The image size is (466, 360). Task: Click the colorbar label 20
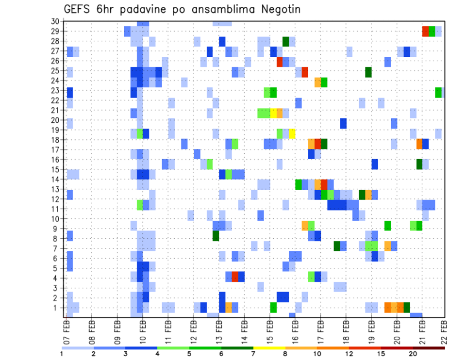pos(413,354)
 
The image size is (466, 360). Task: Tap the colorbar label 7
pos(253,354)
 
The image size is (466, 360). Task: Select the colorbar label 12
pos(349,354)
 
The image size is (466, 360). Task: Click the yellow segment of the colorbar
pos(269,347)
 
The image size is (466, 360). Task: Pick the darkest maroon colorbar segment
pos(429,347)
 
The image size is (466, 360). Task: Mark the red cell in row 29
pos(425,32)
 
